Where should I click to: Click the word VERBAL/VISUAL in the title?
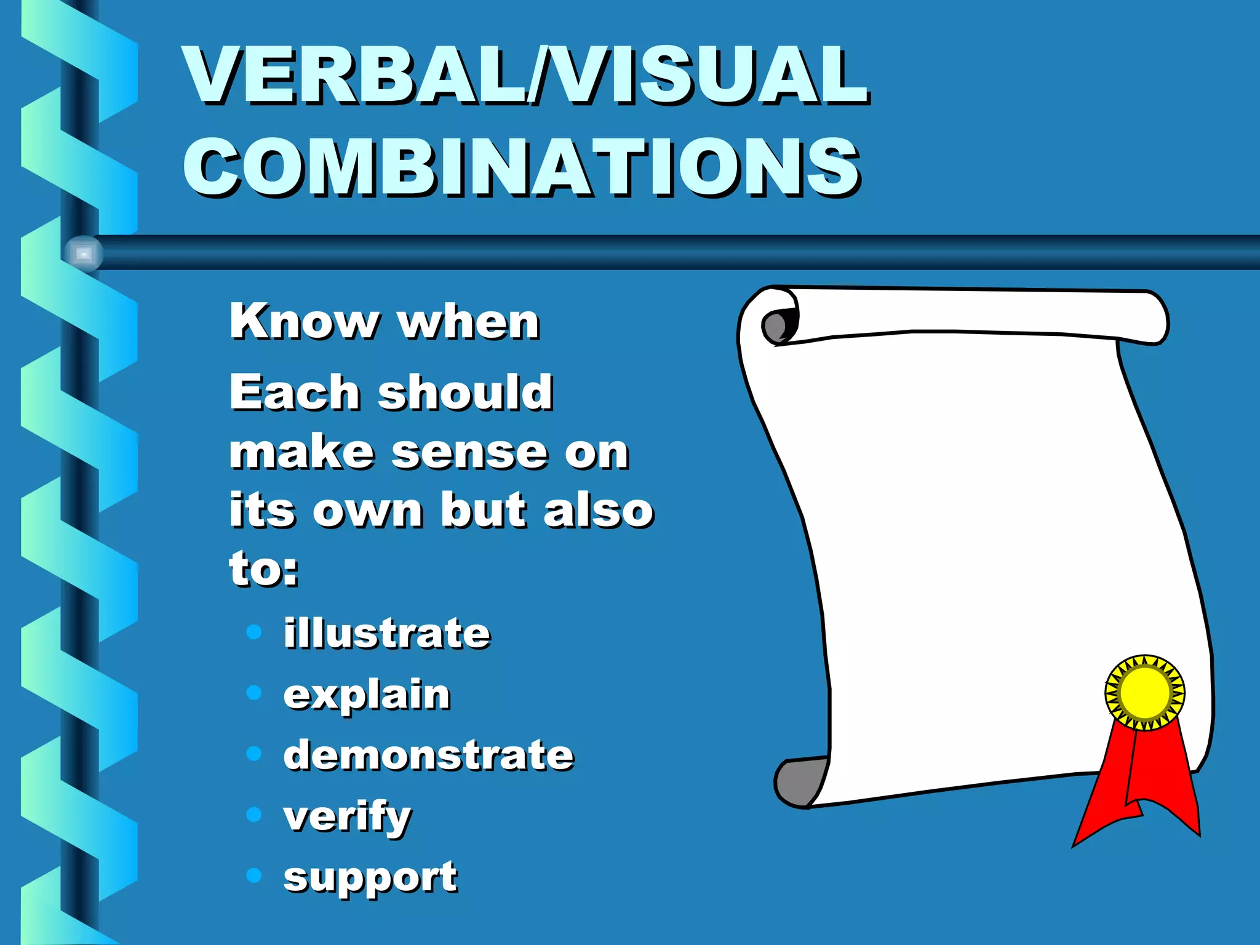coord(526,75)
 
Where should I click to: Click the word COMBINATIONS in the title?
coord(522,167)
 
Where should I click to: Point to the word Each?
coord(295,392)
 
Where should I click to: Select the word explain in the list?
coord(367,695)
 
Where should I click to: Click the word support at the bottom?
coord(370,877)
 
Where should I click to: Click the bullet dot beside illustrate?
coord(254,632)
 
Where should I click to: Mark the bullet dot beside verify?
coord(254,815)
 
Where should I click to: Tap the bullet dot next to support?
coord(254,875)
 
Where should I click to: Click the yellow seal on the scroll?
coord(1144,692)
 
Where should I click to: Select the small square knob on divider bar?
coord(84,253)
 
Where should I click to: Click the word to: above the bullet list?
coord(264,568)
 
